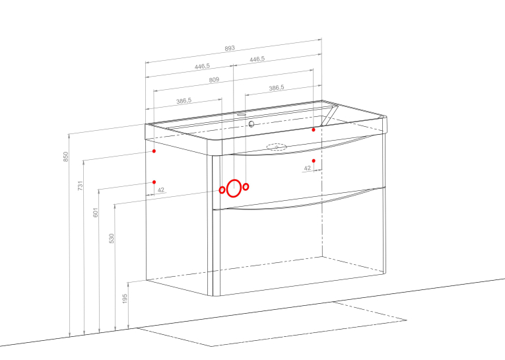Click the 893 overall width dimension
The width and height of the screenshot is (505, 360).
coord(230,48)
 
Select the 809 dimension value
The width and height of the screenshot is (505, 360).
coord(214,80)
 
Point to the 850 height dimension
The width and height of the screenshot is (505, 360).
coord(66,157)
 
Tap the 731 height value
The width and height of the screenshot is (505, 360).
coord(81,186)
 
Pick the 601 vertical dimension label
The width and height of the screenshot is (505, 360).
coord(95,213)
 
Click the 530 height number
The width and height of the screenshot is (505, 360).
coord(112,238)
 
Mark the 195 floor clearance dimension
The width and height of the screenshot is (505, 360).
coord(125,299)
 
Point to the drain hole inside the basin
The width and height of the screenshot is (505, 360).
coord(252,124)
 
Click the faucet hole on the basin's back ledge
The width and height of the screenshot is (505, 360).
coord(242,114)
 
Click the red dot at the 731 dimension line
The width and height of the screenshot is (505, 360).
coord(154,151)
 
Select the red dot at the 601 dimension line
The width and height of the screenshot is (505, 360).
coord(154,182)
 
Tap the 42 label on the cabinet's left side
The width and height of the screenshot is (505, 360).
coord(161,190)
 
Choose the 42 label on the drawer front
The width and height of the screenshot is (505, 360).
coord(308,168)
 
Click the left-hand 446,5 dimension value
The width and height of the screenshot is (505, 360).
coord(202,67)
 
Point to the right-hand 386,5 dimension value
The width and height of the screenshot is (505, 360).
coord(277,88)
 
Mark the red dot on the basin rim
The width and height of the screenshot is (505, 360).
coord(314,129)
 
